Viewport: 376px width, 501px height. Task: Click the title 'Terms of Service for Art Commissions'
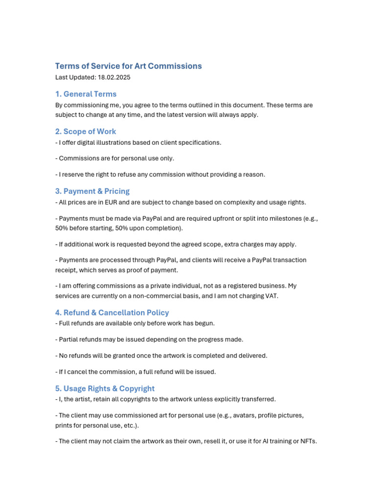[128, 66]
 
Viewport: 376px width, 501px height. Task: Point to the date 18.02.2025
[114, 77]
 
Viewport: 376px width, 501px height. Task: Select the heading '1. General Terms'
[86, 94]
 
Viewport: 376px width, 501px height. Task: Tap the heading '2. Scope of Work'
[86, 132]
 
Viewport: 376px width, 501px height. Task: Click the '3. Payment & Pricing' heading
[93, 191]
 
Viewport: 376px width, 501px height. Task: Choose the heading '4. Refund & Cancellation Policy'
[112, 313]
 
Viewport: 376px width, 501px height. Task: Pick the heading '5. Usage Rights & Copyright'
[105, 388]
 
